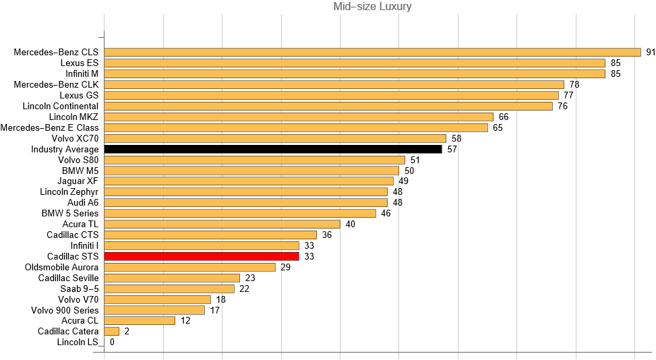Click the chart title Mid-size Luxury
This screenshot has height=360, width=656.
point(372,7)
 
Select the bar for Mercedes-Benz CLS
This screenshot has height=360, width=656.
point(372,52)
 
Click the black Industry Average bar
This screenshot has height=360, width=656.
point(273,149)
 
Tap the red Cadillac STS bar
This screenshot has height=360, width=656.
point(202,256)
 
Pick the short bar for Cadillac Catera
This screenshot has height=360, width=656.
point(112,332)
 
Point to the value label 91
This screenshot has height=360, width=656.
point(651,52)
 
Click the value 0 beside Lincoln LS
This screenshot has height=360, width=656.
point(112,342)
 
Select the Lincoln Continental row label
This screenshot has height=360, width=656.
point(60,106)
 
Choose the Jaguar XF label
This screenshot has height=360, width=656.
point(79,181)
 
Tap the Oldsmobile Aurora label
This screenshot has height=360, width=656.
point(61,267)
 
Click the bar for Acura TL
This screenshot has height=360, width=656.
point(222,224)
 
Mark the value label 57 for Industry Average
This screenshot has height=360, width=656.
point(452,149)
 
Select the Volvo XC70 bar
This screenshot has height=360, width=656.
point(275,138)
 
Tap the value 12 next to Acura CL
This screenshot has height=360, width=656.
point(185,321)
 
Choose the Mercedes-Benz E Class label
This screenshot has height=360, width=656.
point(49,127)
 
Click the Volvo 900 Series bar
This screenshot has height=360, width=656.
point(154,310)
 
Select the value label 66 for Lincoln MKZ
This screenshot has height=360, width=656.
point(503,117)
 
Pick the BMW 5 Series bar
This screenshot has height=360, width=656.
point(240,213)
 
